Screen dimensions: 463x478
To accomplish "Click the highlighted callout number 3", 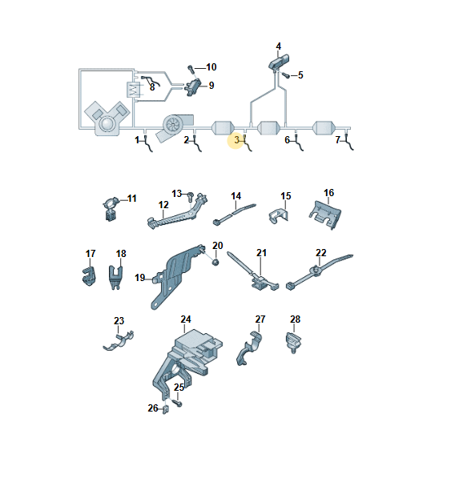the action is point(237,140).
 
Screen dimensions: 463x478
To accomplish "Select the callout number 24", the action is point(186,319).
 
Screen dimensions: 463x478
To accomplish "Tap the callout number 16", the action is point(328,193).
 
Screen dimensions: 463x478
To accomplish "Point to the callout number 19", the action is point(139,278).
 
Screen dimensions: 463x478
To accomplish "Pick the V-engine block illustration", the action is point(107,118).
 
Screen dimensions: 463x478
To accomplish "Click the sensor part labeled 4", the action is point(279,62).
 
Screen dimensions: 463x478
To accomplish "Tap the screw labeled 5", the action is point(286,74).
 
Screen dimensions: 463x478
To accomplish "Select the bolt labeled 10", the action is point(191,69).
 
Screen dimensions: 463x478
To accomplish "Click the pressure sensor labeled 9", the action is point(192,86).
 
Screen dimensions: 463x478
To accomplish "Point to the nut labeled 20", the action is point(215,262).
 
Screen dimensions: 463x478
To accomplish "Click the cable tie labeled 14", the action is point(234,214).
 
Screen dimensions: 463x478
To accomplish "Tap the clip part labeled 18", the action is point(115,277).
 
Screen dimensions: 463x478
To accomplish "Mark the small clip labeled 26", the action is point(166,410).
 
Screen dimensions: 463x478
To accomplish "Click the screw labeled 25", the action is point(178,403).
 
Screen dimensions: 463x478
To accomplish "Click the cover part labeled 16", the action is point(325,215).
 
